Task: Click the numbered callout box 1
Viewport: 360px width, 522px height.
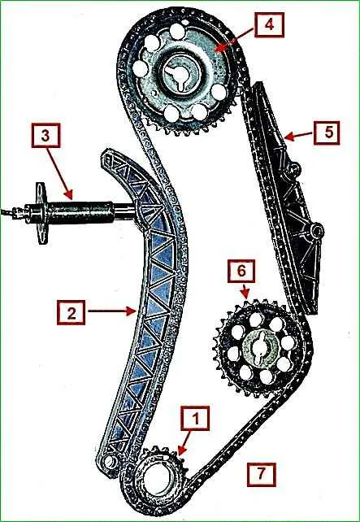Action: [195, 419]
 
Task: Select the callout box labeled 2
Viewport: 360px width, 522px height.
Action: [71, 312]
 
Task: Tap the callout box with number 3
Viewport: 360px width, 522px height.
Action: [46, 135]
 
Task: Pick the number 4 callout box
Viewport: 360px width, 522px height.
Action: [270, 24]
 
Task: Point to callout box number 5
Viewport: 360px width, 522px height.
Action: [327, 133]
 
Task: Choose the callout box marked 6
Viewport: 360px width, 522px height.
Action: [241, 271]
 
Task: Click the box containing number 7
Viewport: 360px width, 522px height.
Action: [261, 474]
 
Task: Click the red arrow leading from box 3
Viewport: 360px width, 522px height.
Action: [59, 173]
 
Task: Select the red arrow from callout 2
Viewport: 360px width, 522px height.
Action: [111, 311]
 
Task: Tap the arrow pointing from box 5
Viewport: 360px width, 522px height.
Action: [298, 135]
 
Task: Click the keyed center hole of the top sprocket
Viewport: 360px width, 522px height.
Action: [180, 76]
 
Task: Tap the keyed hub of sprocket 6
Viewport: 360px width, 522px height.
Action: [259, 348]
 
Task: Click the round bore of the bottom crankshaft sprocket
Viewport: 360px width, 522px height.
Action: [156, 479]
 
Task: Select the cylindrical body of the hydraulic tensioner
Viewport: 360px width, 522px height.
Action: [80, 212]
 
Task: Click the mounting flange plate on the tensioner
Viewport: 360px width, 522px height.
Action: [41, 213]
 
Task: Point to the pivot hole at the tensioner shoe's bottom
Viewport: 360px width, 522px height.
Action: [109, 461]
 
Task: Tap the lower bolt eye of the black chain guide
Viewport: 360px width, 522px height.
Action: [316, 230]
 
